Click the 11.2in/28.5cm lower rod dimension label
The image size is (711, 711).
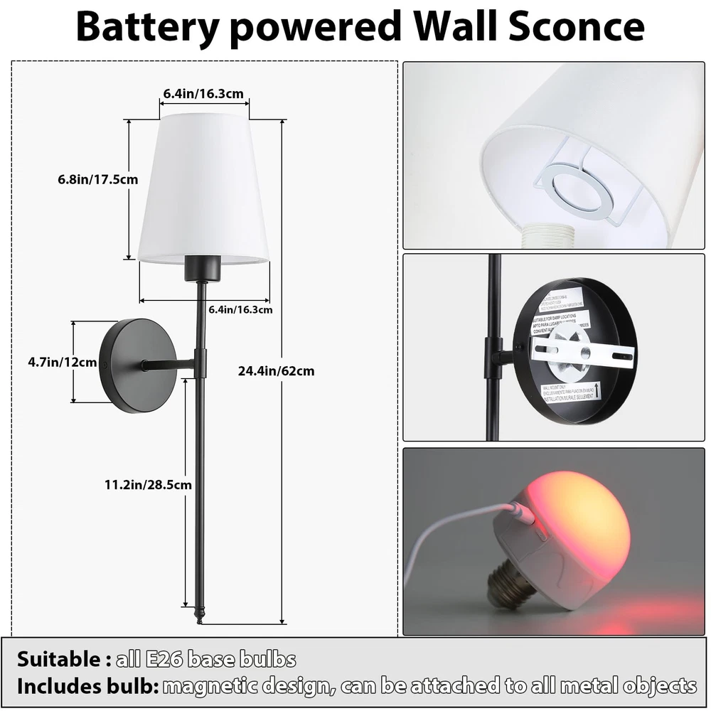[x=148, y=485]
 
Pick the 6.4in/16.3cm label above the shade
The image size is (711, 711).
[x=203, y=93]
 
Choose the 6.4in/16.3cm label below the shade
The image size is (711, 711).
[x=240, y=309]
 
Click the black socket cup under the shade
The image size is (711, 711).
[x=199, y=269]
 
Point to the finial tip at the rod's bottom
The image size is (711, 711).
[x=200, y=616]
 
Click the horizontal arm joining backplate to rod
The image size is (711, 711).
[x=167, y=365]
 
